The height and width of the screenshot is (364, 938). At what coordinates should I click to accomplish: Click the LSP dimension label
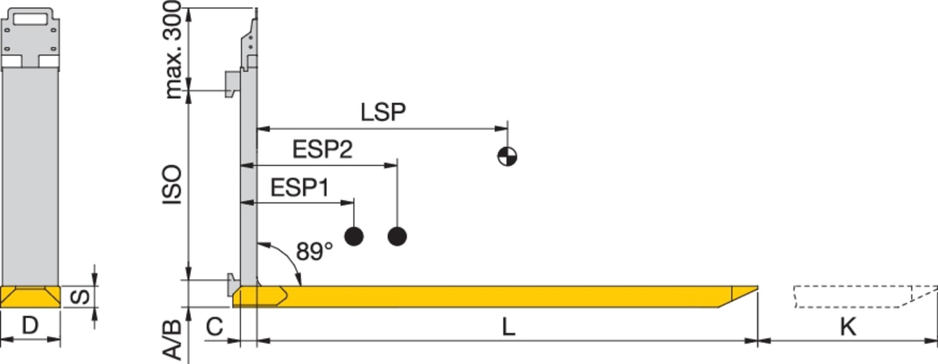(x=383, y=112)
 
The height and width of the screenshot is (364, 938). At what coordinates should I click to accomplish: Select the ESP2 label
(x=322, y=150)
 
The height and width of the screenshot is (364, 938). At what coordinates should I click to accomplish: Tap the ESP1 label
(x=300, y=188)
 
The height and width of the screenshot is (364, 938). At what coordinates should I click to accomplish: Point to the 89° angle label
(x=314, y=251)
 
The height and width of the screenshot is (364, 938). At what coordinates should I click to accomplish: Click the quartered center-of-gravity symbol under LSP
(x=507, y=156)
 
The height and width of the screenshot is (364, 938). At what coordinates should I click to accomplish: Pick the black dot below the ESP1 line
(x=354, y=236)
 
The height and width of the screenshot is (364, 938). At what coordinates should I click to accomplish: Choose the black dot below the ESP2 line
(x=397, y=236)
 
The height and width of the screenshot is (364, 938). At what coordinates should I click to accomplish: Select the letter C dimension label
(x=214, y=327)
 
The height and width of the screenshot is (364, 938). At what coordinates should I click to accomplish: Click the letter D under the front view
(x=30, y=326)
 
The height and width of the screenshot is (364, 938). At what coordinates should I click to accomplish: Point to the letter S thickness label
(x=81, y=297)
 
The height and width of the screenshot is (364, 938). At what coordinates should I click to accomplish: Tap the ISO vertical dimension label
(x=172, y=185)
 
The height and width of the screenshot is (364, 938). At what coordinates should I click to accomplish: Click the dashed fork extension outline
(x=852, y=296)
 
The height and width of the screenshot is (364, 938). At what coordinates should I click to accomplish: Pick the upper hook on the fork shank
(x=233, y=84)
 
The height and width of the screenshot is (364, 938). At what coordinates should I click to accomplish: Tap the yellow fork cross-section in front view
(x=30, y=297)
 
